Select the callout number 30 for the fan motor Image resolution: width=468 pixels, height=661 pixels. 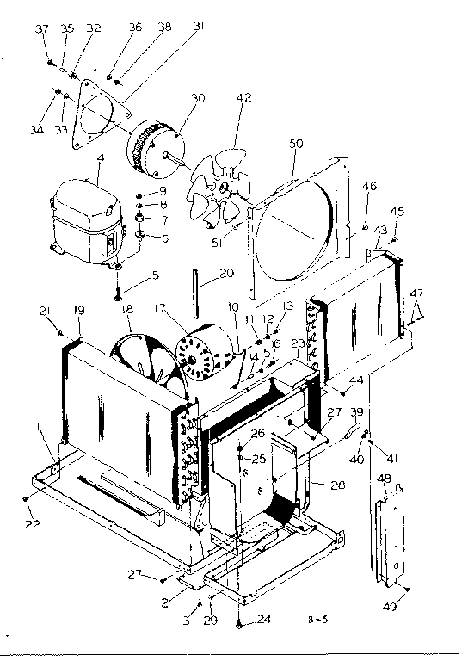[198, 98]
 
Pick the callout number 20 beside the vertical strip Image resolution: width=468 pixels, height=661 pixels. [226, 273]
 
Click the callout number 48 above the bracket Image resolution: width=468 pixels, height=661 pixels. [385, 479]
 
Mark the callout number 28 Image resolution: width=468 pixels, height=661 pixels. [337, 485]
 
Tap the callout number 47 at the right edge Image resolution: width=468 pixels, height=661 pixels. [417, 294]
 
